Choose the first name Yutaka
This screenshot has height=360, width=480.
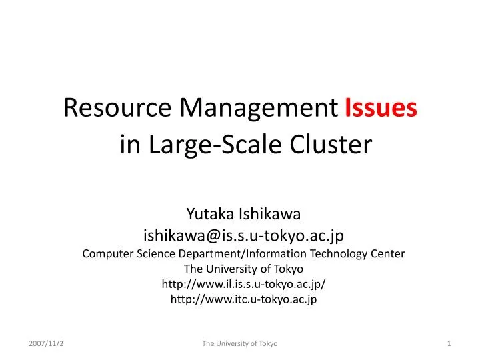208,214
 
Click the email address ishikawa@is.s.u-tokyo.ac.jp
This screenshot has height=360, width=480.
243,234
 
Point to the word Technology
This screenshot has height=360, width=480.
337,253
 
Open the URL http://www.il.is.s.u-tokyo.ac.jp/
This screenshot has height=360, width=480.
243,284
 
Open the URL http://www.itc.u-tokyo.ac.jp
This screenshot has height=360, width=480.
243,299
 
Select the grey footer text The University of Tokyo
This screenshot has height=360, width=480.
240,343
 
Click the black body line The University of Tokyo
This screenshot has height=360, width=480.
243,269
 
